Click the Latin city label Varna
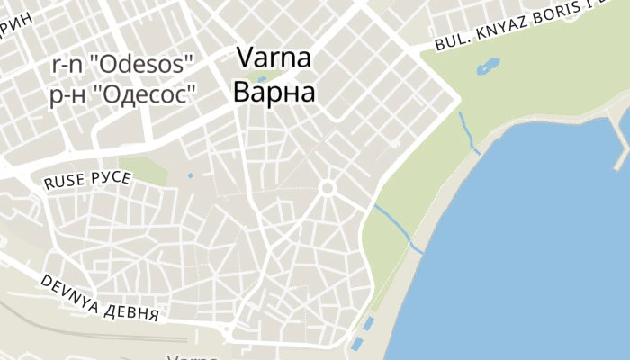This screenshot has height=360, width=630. [x=274, y=58]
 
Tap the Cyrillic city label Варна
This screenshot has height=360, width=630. [x=274, y=93]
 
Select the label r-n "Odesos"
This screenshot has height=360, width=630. [x=122, y=65]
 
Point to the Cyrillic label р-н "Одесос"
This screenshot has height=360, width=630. [x=122, y=94]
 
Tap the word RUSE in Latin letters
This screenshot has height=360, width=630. [x=64, y=181]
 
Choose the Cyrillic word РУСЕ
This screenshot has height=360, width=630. [x=111, y=177]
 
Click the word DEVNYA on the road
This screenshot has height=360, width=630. [x=69, y=291]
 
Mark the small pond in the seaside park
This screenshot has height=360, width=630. [x=488, y=67]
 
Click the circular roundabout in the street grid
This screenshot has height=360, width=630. [x=328, y=188]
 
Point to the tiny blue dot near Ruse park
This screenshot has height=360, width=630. [x=190, y=175]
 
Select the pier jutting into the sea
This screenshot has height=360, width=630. [x=622, y=139]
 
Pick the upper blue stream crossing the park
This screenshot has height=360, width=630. [x=467, y=131]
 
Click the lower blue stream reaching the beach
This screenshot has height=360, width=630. [x=397, y=227]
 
